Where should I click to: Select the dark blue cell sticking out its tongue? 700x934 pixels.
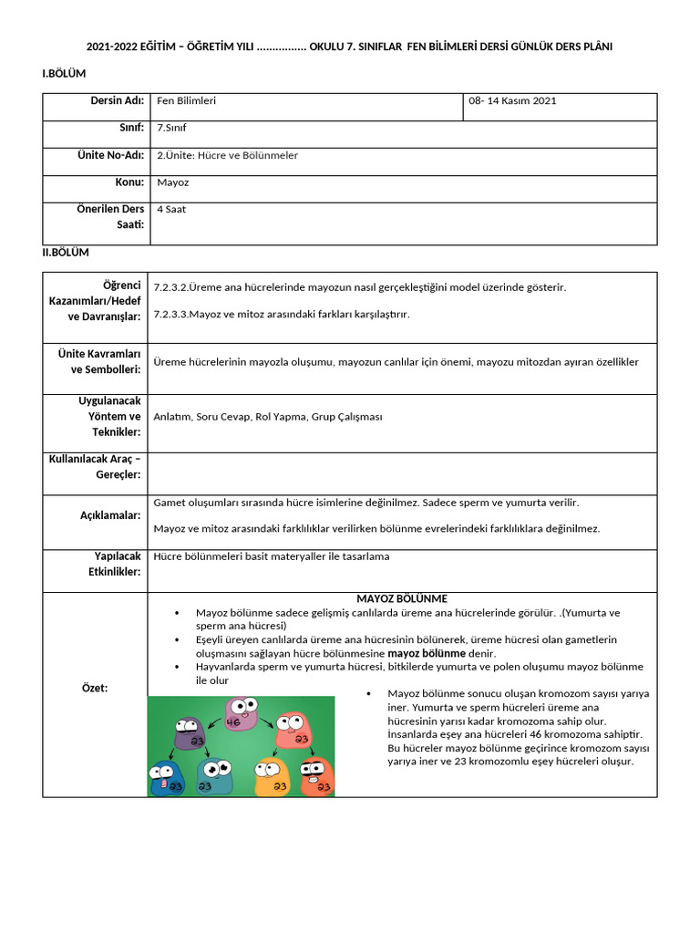[x=166, y=777]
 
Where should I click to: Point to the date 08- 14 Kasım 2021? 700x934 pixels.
[x=512, y=101]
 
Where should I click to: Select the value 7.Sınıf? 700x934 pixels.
[x=171, y=128]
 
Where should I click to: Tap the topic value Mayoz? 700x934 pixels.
[x=172, y=182]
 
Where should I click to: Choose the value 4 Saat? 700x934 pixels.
[x=171, y=209]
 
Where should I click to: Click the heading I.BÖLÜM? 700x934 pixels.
[x=64, y=74]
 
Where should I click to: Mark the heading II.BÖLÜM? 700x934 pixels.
[x=66, y=253]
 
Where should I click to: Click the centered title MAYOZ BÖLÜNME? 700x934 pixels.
[x=402, y=599]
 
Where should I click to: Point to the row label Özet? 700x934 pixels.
[x=95, y=688]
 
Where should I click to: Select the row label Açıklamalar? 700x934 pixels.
[x=110, y=515]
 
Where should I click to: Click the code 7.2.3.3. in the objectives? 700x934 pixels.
[x=170, y=315]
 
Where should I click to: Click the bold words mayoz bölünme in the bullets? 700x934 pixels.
[x=427, y=654]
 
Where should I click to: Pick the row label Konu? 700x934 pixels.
[x=129, y=182]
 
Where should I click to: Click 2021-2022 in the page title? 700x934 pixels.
[x=111, y=47]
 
